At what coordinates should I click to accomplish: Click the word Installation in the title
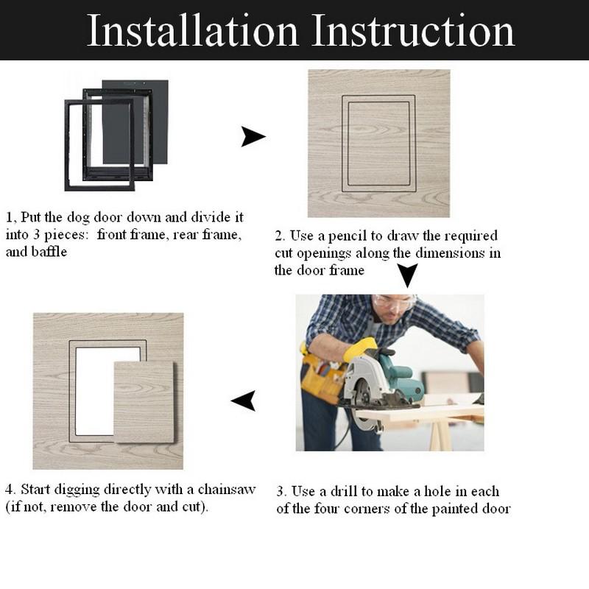tap(192, 31)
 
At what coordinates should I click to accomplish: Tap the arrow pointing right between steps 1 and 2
tap(253, 136)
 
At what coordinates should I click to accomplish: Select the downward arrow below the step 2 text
tap(407, 275)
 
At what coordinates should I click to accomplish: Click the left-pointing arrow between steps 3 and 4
tap(244, 400)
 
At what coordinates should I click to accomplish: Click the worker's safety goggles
tap(392, 303)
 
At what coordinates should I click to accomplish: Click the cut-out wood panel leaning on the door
tap(144, 402)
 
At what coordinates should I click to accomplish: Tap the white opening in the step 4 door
tap(93, 390)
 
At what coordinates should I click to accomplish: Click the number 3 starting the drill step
tap(280, 492)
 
